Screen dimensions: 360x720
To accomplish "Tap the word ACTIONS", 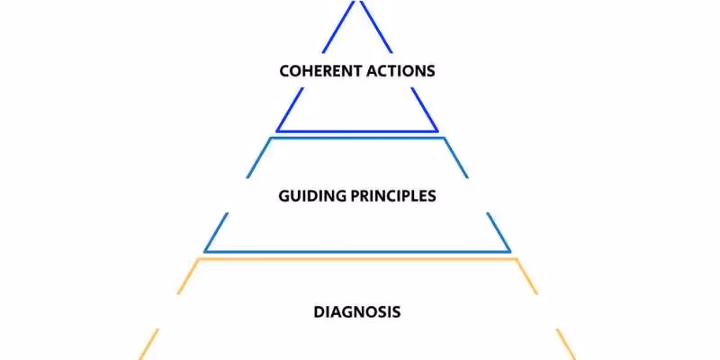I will click(400, 70).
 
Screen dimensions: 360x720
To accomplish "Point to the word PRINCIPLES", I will click(393, 195).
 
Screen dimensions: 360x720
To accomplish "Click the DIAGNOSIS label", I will click(357, 312).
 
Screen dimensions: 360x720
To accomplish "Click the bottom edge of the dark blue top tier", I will click(357, 130).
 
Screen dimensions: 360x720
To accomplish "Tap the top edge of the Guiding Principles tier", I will click(357, 138).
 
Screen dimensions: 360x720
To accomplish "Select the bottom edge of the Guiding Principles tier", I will click(357, 251).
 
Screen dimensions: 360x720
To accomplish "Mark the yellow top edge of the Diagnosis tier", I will click(357, 259).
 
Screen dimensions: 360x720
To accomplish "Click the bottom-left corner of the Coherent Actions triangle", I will click(277, 130).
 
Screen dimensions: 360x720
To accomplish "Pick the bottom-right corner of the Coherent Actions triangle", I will click(438, 130).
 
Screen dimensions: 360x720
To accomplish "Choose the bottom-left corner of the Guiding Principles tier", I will click(205, 251).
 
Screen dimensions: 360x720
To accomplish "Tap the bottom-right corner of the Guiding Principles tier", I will click(510, 251).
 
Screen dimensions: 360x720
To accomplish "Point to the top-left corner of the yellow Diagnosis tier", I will click(199, 259).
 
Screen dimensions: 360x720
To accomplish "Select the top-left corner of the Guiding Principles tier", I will click(271, 138).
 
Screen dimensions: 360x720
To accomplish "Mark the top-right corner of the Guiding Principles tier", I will click(444, 138).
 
